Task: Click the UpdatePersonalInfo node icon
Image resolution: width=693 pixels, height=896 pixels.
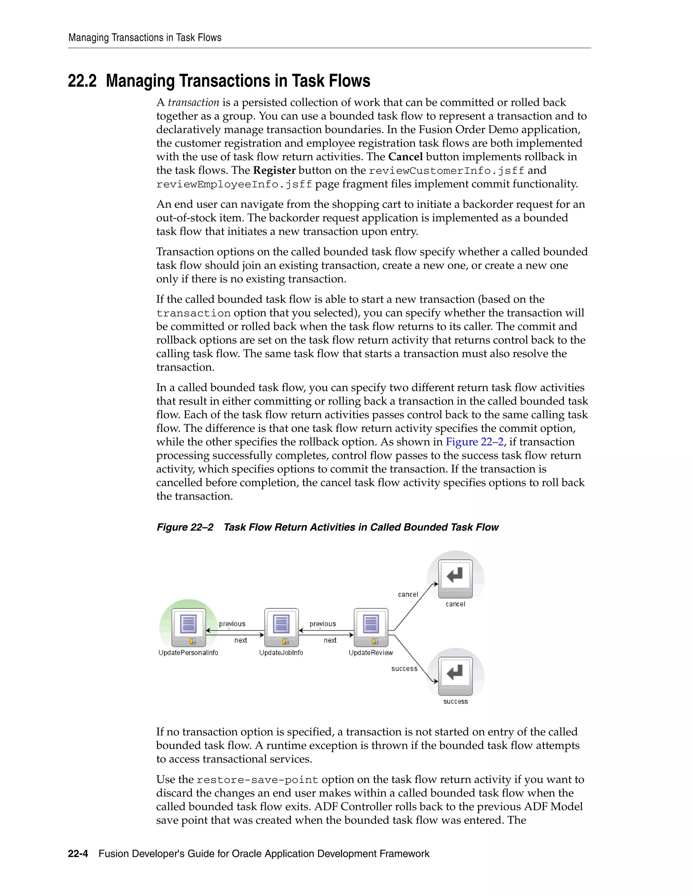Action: tap(188, 627)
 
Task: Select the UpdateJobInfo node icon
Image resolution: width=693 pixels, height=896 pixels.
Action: tap(281, 627)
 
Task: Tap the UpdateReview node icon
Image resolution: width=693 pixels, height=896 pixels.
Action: tap(371, 627)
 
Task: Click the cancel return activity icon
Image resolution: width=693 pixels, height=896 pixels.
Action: tap(455, 578)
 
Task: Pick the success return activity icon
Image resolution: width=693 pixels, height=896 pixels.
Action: tap(455, 675)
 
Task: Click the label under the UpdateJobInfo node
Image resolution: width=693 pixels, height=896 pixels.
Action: tap(281, 653)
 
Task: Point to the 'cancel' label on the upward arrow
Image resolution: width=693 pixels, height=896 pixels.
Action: tap(408, 594)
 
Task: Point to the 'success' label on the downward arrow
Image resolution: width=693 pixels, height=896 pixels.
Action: tap(404, 669)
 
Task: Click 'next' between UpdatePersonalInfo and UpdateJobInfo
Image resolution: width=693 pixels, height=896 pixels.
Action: tap(241, 640)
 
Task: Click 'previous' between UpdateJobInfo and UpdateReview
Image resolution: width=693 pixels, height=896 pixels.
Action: tap(323, 624)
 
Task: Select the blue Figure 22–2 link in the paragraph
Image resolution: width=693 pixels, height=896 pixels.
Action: tap(475, 442)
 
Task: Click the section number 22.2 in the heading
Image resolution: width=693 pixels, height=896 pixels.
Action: tap(82, 81)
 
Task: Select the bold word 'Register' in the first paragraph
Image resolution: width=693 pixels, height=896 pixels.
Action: tap(274, 170)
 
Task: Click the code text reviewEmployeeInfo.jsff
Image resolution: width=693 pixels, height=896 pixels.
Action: tap(234, 184)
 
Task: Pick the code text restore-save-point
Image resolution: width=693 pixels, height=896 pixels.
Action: tap(258, 780)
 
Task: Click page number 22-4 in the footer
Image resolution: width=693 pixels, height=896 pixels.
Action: tap(78, 854)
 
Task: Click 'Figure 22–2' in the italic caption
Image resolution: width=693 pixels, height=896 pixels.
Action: tap(185, 527)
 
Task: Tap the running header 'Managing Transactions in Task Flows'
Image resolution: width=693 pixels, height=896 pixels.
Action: tap(145, 38)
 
